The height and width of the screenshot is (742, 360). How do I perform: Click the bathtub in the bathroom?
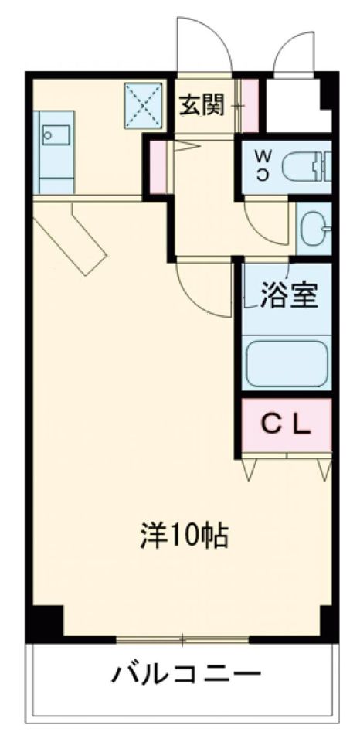pyautogui.click(x=287, y=363)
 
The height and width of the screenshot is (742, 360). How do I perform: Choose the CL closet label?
pyautogui.click(x=287, y=424)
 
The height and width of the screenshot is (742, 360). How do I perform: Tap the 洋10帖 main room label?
pyautogui.click(x=184, y=534)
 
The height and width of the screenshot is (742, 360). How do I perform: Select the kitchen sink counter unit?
pyautogui.click(x=54, y=151)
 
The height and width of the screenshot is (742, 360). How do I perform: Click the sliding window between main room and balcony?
pyautogui.click(x=183, y=639)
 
